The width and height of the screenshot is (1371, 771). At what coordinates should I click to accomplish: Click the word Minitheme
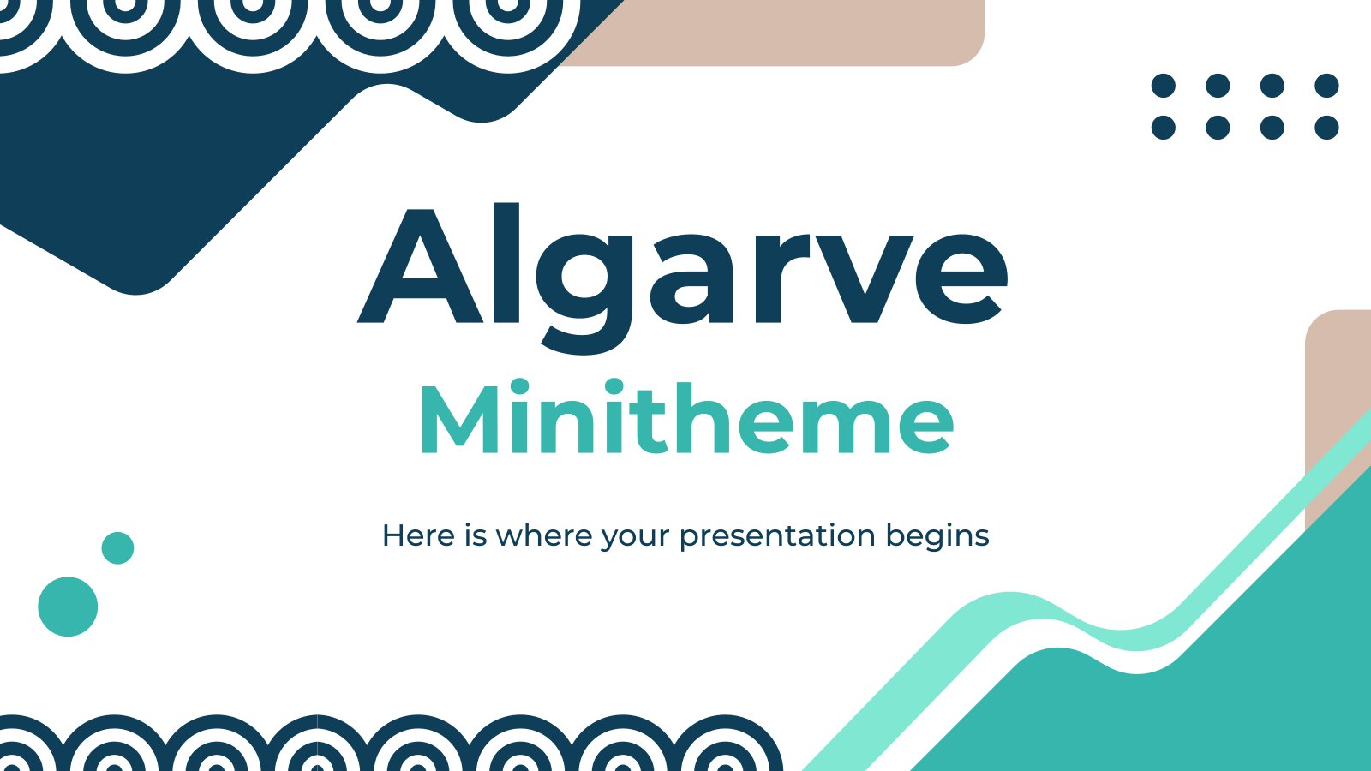(x=686, y=417)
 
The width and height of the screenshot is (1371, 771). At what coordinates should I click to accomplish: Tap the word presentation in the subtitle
(x=777, y=536)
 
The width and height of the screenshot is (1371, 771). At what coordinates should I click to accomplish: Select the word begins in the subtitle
(x=937, y=536)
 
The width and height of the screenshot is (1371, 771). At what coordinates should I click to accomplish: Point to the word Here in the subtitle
(x=419, y=535)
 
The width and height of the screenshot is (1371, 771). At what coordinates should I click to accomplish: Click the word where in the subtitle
(x=544, y=535)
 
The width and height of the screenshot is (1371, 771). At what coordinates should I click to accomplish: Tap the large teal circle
(x=68, y=607)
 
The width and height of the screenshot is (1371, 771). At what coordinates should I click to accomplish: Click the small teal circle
(x=117, y=547)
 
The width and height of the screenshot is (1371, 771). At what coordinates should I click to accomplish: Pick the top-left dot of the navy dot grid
(x=1164, y=86)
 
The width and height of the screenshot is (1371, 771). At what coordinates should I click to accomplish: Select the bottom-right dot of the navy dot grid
(x=1327, y=128)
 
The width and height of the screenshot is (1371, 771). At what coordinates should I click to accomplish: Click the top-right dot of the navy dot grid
(x=1327, y=86)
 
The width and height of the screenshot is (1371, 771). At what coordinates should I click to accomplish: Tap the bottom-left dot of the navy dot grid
(x=1164, y=128)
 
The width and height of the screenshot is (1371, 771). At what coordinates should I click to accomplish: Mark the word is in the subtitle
(x=475, y=535)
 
